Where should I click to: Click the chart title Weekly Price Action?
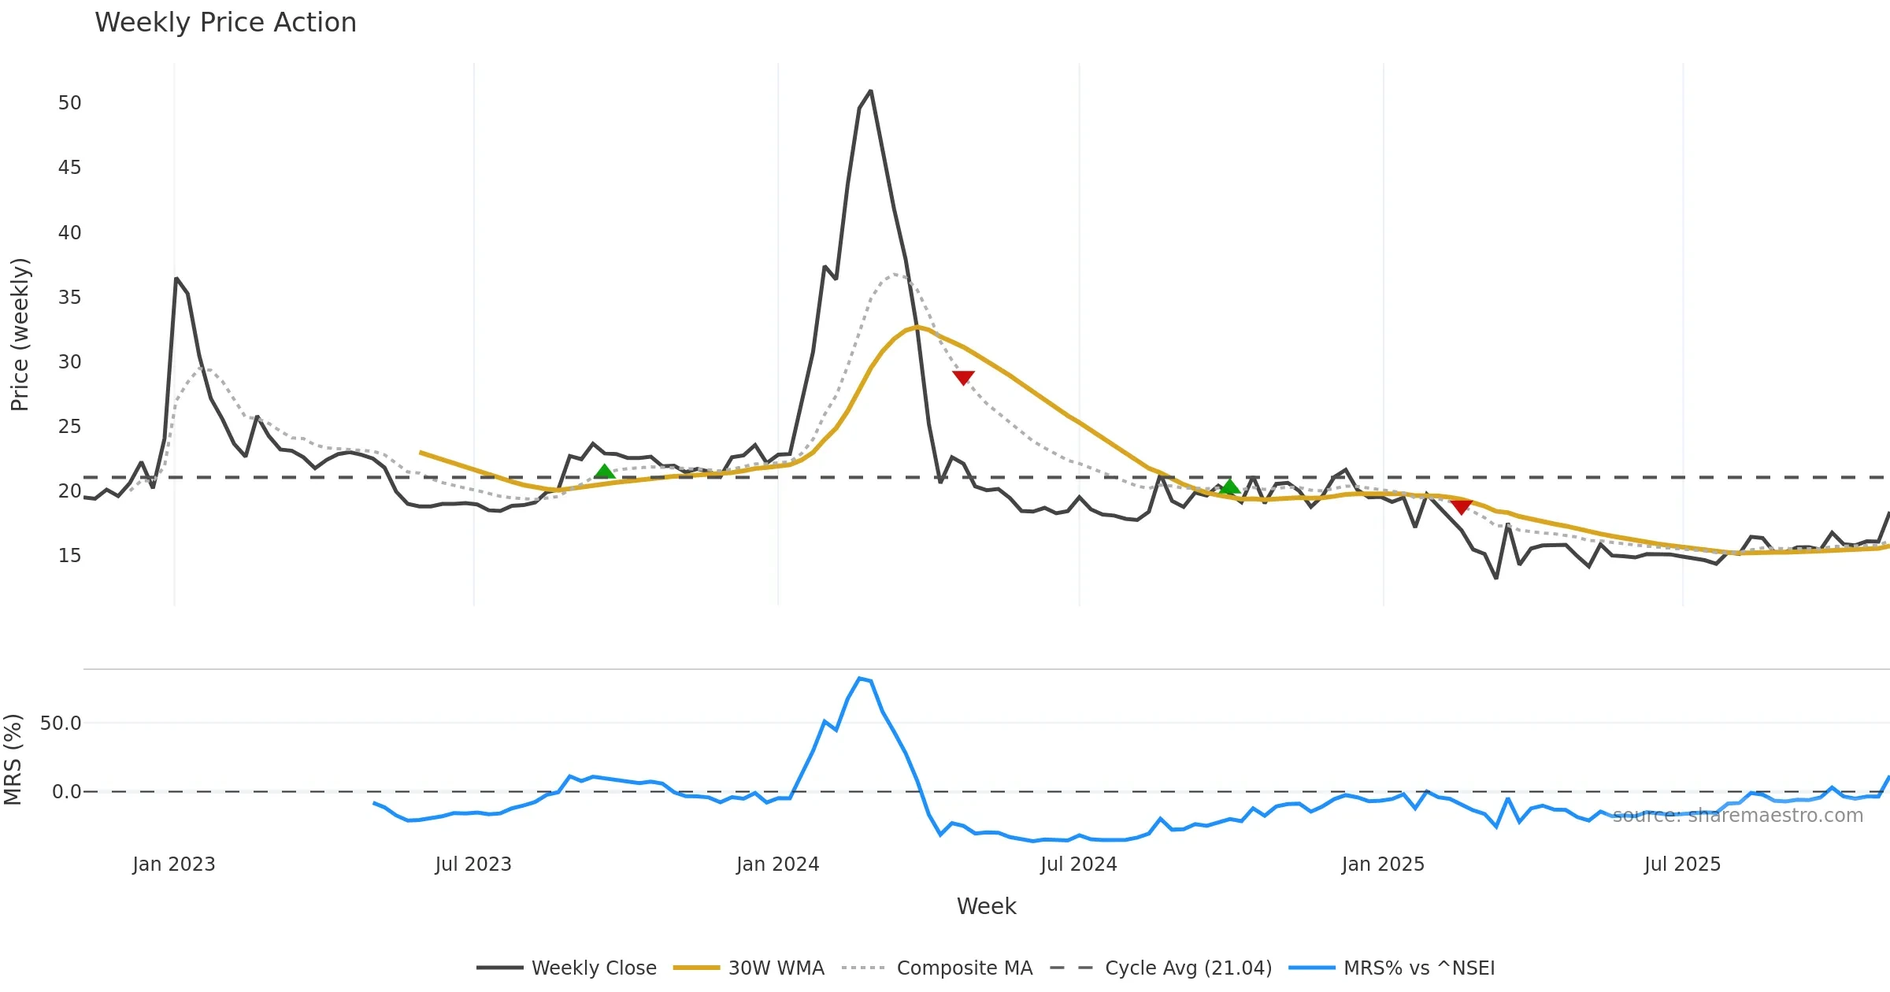(225, 23)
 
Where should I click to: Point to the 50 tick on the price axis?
(69, 103)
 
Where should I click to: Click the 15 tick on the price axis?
(69, 556)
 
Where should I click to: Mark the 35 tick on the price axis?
(69, 298)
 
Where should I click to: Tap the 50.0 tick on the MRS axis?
(61, 724)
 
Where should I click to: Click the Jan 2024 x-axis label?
(777, 864)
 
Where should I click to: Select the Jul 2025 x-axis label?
(1682, 864)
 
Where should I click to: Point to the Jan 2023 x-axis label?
(174, 864)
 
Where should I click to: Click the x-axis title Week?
(986, 907)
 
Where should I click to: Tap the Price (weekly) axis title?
(20, 335)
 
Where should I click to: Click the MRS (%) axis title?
(13, 760)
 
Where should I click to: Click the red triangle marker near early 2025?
(1461, 507)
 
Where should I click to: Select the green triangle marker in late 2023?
(604, 472)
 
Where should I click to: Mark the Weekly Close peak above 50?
(870, 91)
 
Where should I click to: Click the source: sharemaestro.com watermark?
(1737, 816)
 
